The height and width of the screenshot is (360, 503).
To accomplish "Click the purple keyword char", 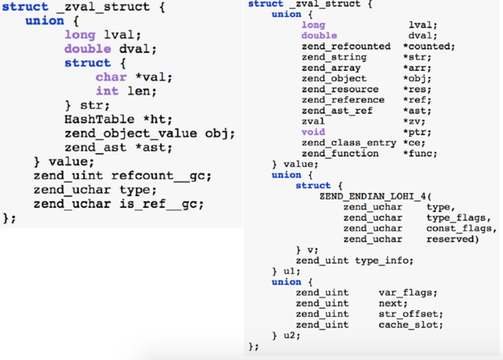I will pyautogui.click(x=111, y=77).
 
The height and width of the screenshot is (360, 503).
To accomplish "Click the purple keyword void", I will pyautogui.click(x=313, y=132).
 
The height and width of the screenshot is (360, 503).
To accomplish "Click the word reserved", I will pyautogui.click(x=452, y=239).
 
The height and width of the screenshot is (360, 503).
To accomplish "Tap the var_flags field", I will pyautogui.click(x=408, y=292).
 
